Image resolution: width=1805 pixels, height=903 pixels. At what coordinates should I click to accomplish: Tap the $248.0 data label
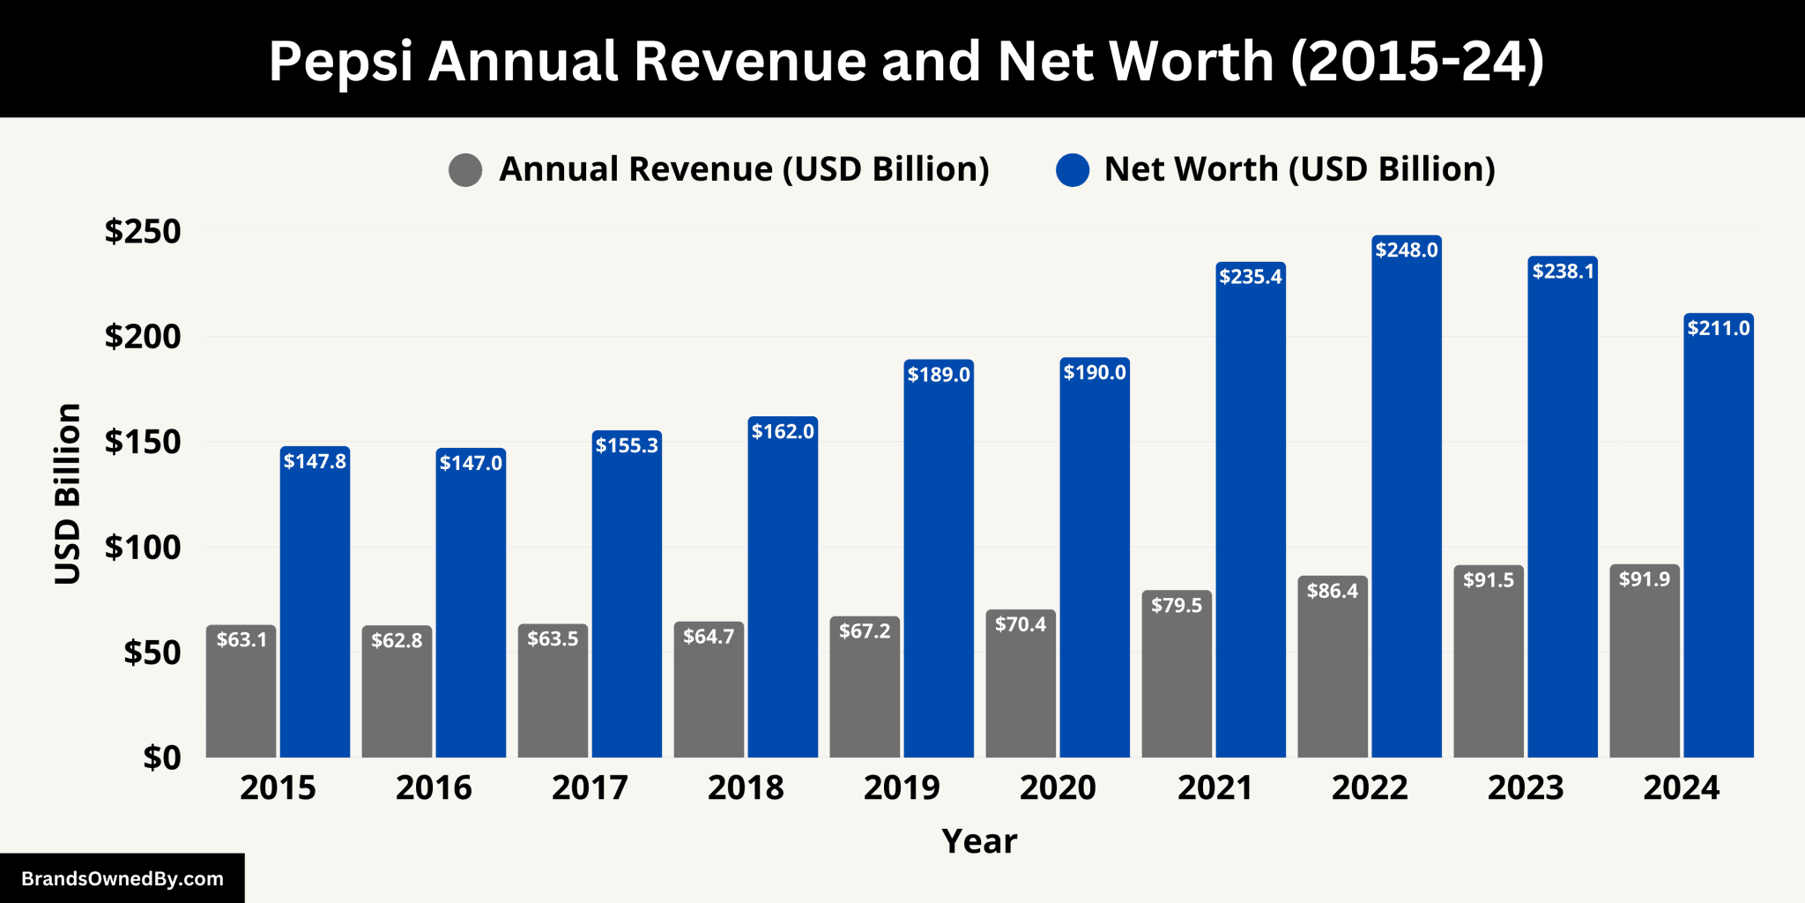click(x=1407, y=250)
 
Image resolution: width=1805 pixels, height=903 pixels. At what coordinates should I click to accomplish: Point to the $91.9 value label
click(x=1645, y=579)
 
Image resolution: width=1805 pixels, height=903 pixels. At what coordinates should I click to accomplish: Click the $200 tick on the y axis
click(x=143, y=336)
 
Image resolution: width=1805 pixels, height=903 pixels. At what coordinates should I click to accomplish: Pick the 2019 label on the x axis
click(x=902, y=787)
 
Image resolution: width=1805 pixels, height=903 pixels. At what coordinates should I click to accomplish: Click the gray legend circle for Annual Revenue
click(x=465, y=169)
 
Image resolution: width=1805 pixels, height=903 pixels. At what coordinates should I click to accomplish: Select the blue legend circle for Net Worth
click(x=1073, y=169)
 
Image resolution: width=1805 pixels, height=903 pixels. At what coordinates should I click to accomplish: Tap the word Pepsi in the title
click(x=341, y=61)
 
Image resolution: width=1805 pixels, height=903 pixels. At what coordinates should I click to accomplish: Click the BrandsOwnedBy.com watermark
click(x=123, y=878)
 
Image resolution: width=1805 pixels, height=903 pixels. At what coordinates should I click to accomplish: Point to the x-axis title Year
click(x=979, y=841)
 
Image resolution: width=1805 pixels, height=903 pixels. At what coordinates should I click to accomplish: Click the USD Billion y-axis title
click(x=68, y=494)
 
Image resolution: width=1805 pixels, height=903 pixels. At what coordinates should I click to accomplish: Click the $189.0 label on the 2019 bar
click(x=939, y=374)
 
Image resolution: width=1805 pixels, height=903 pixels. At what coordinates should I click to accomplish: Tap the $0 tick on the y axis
click(x=162, y=757)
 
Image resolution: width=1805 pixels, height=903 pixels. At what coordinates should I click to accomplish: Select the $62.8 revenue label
click(x=397, y=640)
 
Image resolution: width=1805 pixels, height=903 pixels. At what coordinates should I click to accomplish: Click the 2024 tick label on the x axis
click(x=1681, y=787)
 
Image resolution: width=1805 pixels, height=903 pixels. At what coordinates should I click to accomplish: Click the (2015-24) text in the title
click(x=1417, y=61)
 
